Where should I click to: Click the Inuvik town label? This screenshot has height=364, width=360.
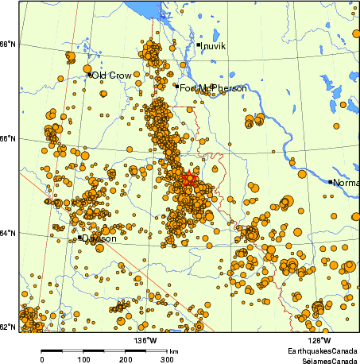(215, 46)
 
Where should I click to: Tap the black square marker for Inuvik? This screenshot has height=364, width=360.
(199, 45)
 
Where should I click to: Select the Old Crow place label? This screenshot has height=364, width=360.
(111, 76)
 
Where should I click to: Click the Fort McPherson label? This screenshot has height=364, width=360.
(213, 88)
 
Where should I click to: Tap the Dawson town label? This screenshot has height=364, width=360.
(100, 238)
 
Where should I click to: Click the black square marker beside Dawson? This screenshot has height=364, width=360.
(81, 237)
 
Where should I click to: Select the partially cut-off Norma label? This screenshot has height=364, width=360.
(346, 183)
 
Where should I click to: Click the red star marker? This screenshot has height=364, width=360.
(188, 180)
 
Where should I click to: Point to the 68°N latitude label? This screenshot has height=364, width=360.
(10, 44)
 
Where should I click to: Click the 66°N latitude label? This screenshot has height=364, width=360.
(10, 139)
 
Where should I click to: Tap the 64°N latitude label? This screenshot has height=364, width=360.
(10, 233)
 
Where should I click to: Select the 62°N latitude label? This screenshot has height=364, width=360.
(10, 327)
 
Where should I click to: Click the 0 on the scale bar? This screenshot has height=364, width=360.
(41, 359)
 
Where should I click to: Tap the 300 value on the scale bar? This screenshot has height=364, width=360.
(168, 359)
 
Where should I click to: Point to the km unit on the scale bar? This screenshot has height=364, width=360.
(173, 350)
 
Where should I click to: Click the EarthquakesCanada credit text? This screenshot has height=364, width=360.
(323, 350)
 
